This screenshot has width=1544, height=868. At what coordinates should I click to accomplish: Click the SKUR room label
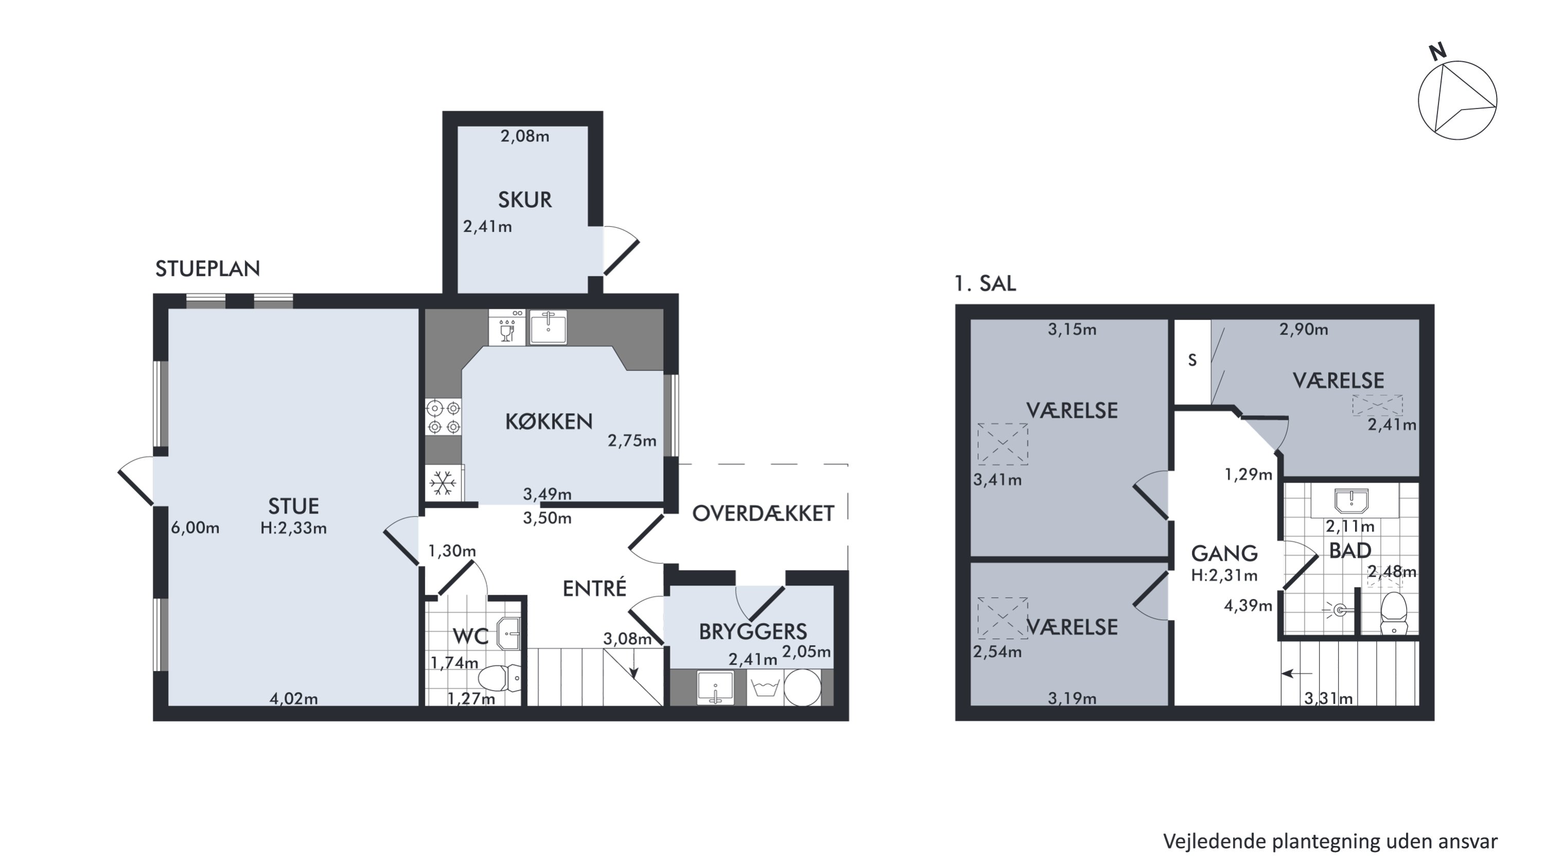pyautogui.click(x=524, y=200)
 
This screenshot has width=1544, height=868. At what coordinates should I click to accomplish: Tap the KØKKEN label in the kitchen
pyautogui.click(x=549, y=422)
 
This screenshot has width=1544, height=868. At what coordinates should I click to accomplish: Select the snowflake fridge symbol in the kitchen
pyautogui.click(x=443, y=483)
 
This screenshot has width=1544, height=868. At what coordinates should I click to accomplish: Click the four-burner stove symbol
pyautogui.click(x=444, y=417)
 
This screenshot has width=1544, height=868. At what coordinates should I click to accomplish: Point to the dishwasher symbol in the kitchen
pyautogui.click(x=507, y=327)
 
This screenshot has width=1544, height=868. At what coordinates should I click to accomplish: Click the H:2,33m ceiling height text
pyautogui.click(x=294, y=528)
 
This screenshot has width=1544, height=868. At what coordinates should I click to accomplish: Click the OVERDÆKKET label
pyautogui.click(x=763, y=513)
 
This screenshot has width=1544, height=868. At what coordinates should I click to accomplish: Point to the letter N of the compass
pyautogui.click(x=1437, y=52)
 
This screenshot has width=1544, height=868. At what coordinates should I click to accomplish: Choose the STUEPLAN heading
pyautogui.click(x=207, y=269)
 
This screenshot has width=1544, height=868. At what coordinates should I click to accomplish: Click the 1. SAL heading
pyautogui.click(x=985, y=283)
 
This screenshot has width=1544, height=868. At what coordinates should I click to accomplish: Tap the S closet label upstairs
pyautogui.click(x=1192, y=360)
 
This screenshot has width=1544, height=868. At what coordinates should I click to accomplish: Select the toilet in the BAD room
pyautogui.click(x=1394, y=613)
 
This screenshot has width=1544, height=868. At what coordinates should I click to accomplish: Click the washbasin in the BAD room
pyautogui.click(x=1352, y=501)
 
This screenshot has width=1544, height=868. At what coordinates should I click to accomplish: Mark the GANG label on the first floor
pyautogui.click(x=1224, y=553)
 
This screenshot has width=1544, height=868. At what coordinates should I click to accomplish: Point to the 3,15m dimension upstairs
pyautogui.click(x=1072, y=329)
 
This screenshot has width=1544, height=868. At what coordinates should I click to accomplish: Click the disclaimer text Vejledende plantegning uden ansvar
pyautogui.click(x=1330, y=841)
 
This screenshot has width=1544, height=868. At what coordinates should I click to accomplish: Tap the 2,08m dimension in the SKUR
pyautogui.click(x=524, y=136)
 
